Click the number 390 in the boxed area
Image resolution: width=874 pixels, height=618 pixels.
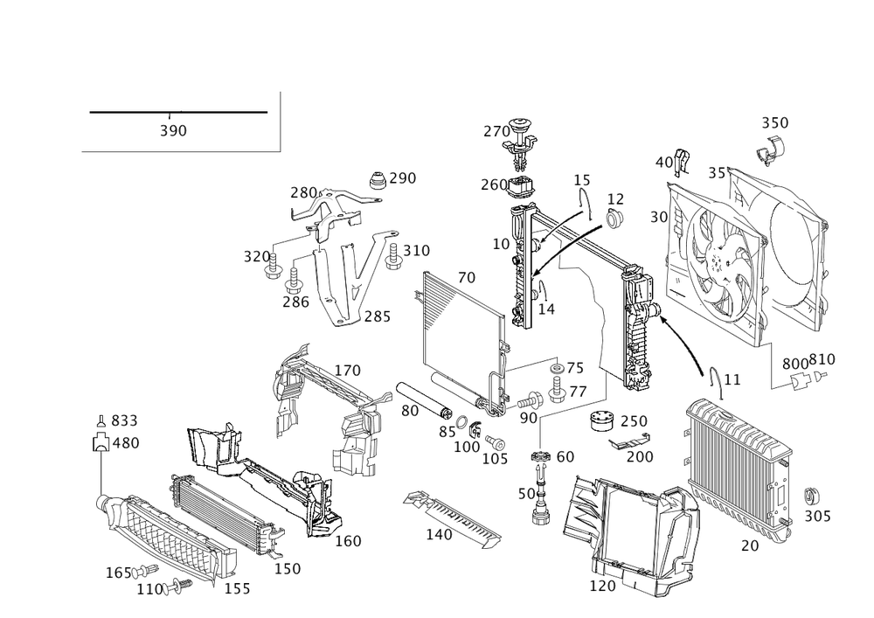click(173, 131)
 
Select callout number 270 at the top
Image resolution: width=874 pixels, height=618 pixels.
click(495, 132)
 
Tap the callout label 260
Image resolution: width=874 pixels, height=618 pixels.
click(492, 184)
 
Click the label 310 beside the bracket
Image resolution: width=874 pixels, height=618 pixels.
click(417, 250)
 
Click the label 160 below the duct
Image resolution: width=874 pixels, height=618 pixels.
click(348, 541)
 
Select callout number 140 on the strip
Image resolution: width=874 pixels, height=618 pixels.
click(438, 532)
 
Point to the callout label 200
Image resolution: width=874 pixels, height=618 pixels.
click(641, 457)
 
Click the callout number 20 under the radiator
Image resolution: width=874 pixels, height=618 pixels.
click(748, 545)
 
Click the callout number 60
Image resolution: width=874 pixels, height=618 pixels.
click(565, 455)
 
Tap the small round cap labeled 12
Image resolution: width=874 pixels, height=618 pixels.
click(614, 218)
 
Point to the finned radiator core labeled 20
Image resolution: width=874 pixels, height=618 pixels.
click(739, 468)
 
